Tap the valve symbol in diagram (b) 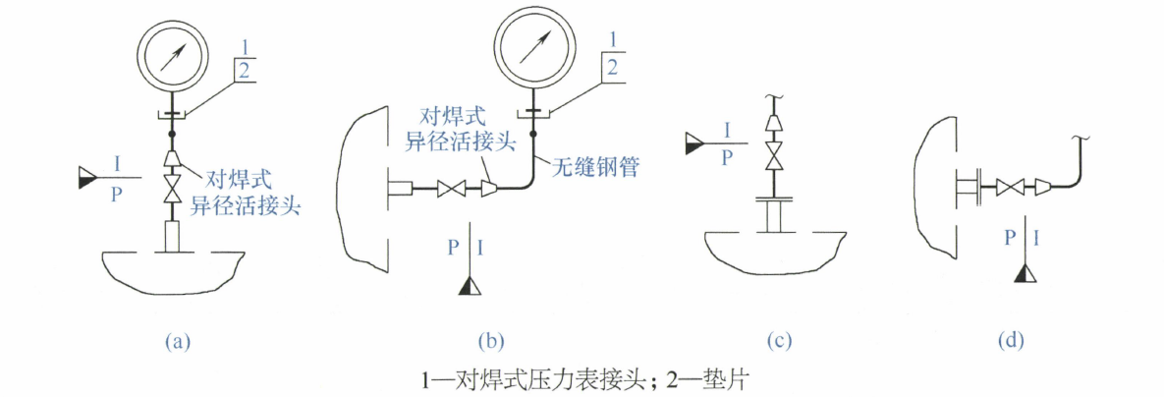[x=451, y=190]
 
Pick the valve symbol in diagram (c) [x=773, y=156]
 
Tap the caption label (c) [x=779, y=341]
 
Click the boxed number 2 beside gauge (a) [x=242, y=71]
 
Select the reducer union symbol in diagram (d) [x=1037, y=189]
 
